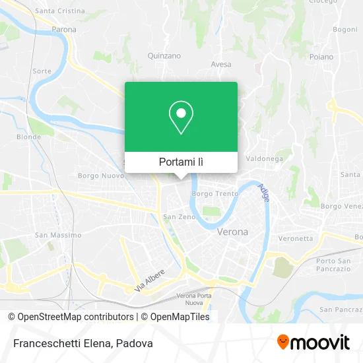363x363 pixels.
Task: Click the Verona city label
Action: [x=232, y=232]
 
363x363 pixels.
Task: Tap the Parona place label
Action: [x=64, y=30]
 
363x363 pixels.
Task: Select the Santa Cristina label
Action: [x=59, y=11]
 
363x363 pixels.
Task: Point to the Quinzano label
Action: [x=164, y=56]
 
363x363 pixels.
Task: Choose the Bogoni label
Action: [x=345, y=30]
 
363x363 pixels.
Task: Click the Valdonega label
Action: [x=264, y=159]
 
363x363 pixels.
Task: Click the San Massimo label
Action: [x=58, y=235]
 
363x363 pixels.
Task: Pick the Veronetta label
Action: [x=295, y=238]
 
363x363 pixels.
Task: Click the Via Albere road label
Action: [x=150, y=280]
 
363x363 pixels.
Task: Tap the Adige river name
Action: [x=265, y=193]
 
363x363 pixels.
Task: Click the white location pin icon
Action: [x=181, y=117]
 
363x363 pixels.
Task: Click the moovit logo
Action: [x=313, y=343]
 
